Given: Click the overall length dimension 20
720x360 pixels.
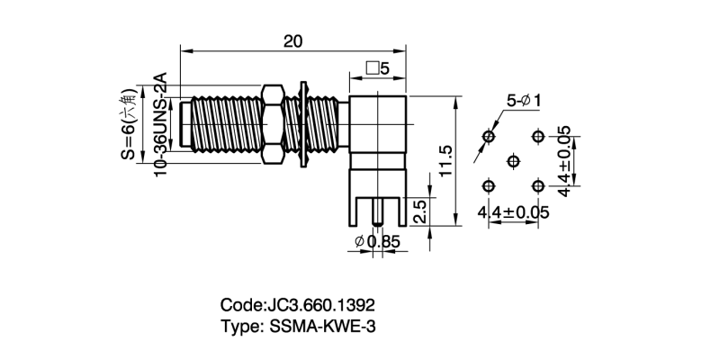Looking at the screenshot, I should pos(292,41).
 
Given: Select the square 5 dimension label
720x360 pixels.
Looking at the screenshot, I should pos(377,68).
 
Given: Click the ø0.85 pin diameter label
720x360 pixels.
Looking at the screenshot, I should pos(377,241).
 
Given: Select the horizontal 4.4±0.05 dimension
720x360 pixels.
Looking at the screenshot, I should pos(513,212).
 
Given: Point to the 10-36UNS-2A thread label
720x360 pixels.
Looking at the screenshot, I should pos(160,125).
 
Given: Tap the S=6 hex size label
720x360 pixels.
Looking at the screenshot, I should pos(129,124).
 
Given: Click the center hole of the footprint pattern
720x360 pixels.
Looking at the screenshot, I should pos(513,161).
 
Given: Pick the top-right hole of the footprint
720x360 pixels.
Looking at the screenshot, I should pos(538,136).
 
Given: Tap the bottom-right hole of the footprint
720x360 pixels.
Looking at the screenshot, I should pos(538,185).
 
